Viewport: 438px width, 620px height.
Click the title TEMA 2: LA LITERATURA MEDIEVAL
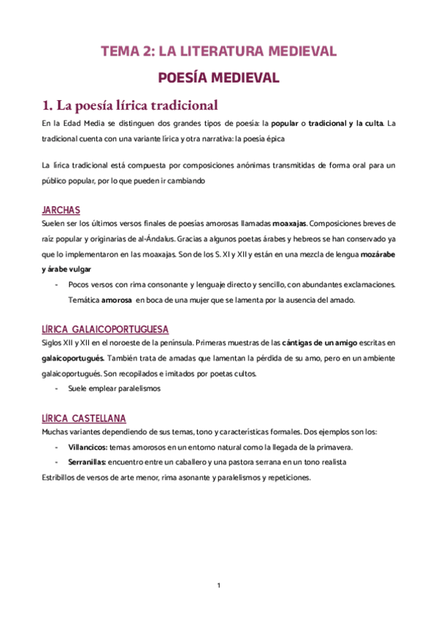tap(218, 51)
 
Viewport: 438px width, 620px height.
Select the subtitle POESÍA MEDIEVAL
tap(218, 77)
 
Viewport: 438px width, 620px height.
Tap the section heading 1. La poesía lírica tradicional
tap(130, 105)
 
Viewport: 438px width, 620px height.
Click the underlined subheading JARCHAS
tap(61, 210)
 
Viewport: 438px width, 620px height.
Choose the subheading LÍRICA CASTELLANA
tap(84, 418)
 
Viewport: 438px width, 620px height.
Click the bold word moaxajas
tap(289, 222)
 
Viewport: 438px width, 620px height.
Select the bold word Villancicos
tap(88, 447)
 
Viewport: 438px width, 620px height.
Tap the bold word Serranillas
tap(88, 462)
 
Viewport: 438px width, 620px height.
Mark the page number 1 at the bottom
tap(219, 585)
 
